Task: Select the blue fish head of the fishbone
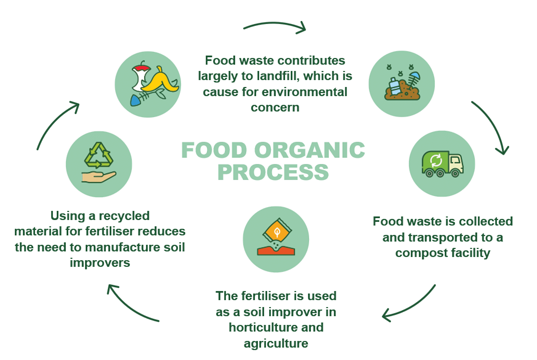[136, 100]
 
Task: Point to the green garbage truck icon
[442, 164]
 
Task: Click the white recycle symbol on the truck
[436, 161]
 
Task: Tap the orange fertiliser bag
[277, 231]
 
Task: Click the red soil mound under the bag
[276, 251]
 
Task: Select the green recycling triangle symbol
[99, 155]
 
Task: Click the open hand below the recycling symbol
[99, 177]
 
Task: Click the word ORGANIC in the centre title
[309, 150]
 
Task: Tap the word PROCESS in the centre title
[273, 172]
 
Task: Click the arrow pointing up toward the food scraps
[54, 121]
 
